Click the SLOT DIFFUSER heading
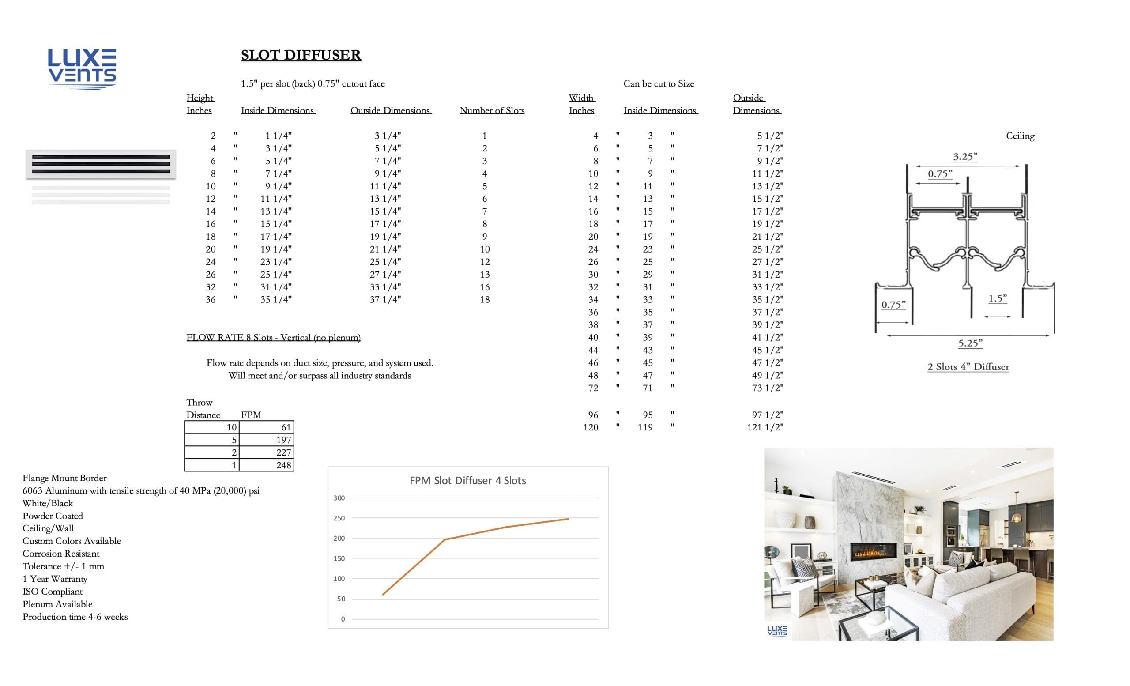pos(301,55)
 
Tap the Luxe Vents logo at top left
pos(82,69)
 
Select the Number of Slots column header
pos(492,110)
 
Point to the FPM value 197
pos(283,440)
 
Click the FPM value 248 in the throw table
pos(283,465)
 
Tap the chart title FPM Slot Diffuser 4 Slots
pos(467,481)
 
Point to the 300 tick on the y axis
pos(339,498)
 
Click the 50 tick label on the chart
pos(341,599)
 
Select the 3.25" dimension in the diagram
pos(965,157)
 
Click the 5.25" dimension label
pos(970,343)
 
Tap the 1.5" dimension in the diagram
pos(998,298)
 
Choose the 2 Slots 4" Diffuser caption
pos(968,367)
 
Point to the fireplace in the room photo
pos(874,552)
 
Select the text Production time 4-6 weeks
pos(75,617)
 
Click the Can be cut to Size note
pos(659,84)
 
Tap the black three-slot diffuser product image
pos(101,164)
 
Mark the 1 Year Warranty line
pos(55,579)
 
